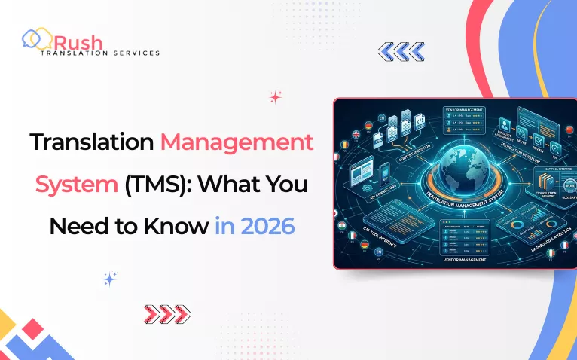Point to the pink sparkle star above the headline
(x=275, y=96)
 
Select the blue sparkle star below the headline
(x=110, y=279)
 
